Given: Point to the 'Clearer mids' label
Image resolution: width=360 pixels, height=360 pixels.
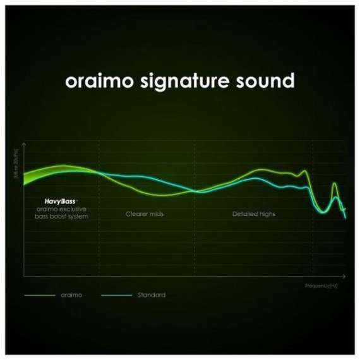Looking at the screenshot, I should point(145,214).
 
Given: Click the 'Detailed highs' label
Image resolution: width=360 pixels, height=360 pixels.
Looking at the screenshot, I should point(253,214).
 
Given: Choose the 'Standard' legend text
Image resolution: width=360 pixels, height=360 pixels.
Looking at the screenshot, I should point(151,295).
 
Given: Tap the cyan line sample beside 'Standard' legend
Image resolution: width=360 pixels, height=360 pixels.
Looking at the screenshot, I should point(116,295).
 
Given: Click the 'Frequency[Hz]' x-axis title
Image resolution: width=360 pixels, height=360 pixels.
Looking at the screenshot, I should point(321,285).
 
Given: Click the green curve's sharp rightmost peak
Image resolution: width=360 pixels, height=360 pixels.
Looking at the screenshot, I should point(335,184).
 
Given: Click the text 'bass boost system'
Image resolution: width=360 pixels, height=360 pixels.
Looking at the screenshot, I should point(62,216).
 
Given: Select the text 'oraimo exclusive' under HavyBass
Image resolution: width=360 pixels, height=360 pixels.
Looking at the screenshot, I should point(62,208).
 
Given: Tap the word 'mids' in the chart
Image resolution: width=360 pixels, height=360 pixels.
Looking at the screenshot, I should point(156,214).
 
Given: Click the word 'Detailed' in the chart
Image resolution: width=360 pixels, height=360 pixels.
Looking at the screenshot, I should point(244,214).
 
